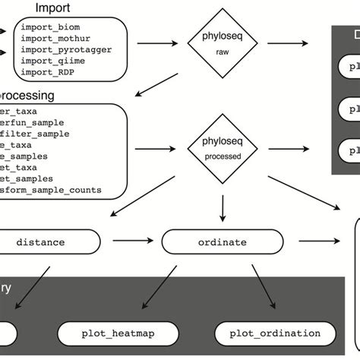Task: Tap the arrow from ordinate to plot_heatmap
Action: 172,287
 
